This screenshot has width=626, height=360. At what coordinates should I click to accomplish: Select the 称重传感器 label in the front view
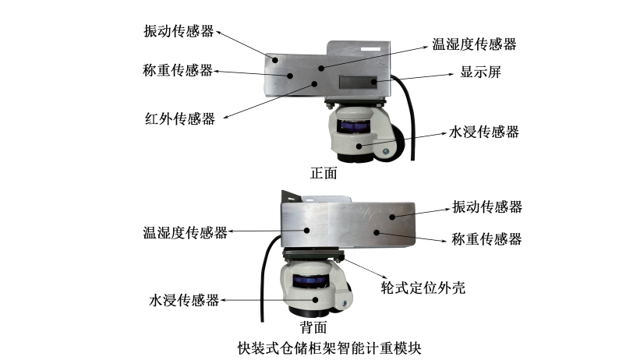coord(179,70)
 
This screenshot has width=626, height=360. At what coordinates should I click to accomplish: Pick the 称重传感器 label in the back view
coord(486,239)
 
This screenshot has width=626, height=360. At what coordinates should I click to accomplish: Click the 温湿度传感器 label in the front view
coord(475,44)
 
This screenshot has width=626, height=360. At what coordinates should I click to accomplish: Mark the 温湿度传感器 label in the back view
coord(185,232)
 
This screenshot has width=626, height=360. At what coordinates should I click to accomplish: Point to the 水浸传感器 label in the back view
coord(184,300)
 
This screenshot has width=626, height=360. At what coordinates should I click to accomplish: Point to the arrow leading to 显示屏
coord(418,78)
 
